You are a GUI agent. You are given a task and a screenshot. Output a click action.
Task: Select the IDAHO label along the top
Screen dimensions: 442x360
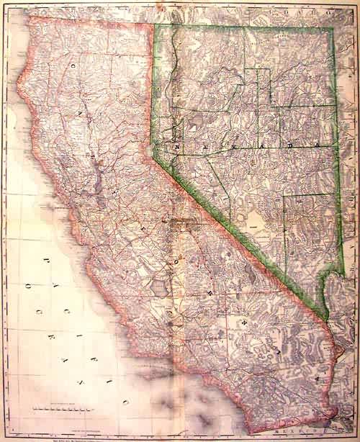click(x=317, y=14)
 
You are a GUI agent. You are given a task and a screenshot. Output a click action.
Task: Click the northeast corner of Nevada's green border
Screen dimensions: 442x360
click(x=332, y=30)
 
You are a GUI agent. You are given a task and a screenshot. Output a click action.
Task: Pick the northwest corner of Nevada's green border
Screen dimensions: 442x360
click(x=153, y=24)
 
